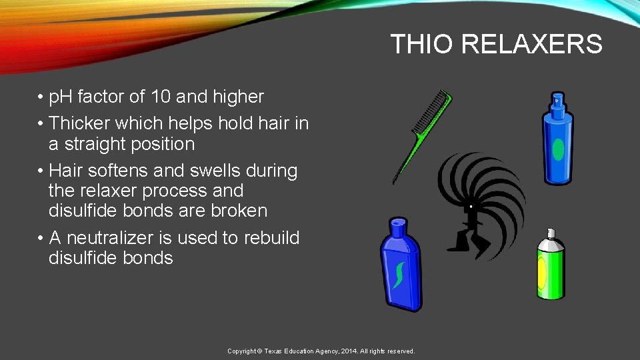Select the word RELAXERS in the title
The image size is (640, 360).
tap(531, 45)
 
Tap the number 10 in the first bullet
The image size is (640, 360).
tap(161, 97)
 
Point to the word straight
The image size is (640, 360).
tap(96, 144)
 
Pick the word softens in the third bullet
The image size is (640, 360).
tap(116, 171)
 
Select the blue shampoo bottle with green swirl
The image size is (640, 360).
tap(400, 267)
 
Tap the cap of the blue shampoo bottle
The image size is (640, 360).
tap(398, 225)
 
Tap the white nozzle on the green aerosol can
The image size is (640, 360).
tap(550, 233)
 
